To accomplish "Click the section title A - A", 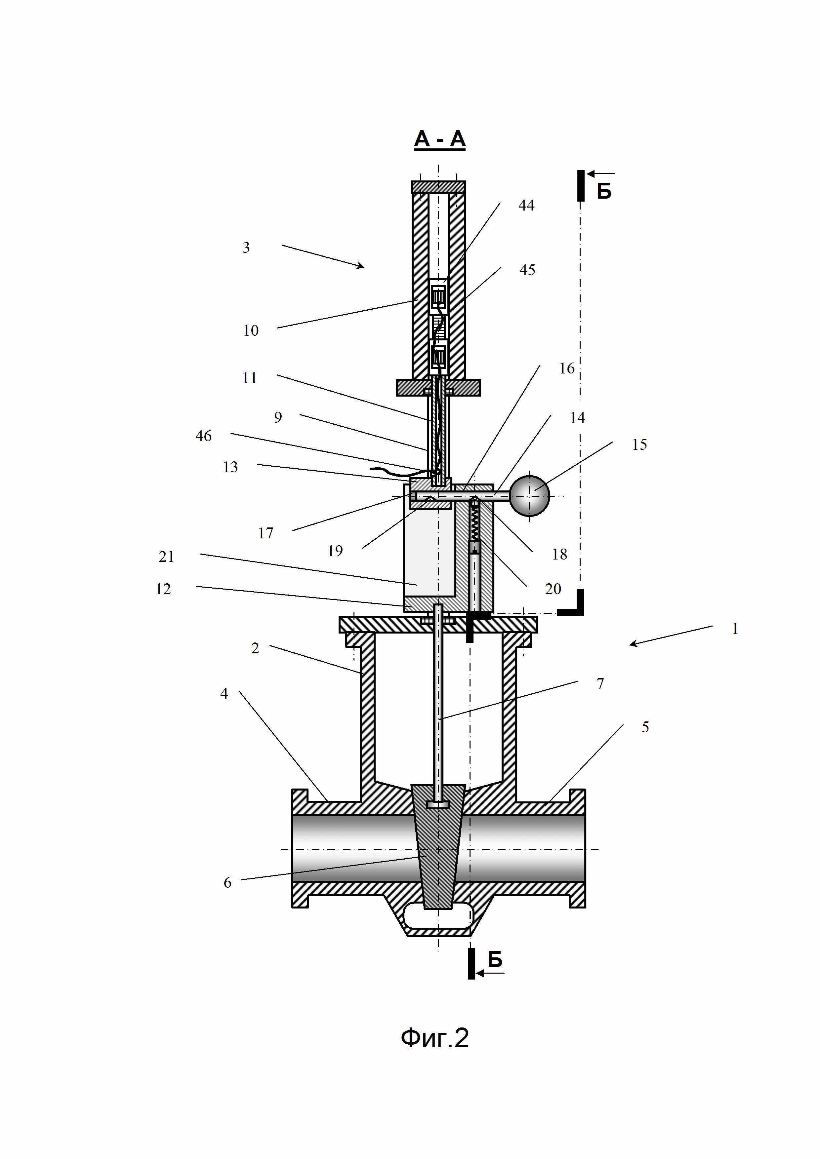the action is (x=439, y=139).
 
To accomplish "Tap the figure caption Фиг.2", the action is (x=435, y=1038).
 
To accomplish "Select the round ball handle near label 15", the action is (x=529, y=496).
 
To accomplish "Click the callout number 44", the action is (x=526, y=206).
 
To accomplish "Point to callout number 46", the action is (x=203, y=436).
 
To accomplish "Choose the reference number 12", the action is (x=163, y=589).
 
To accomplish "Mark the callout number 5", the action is (x=645, y=727).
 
